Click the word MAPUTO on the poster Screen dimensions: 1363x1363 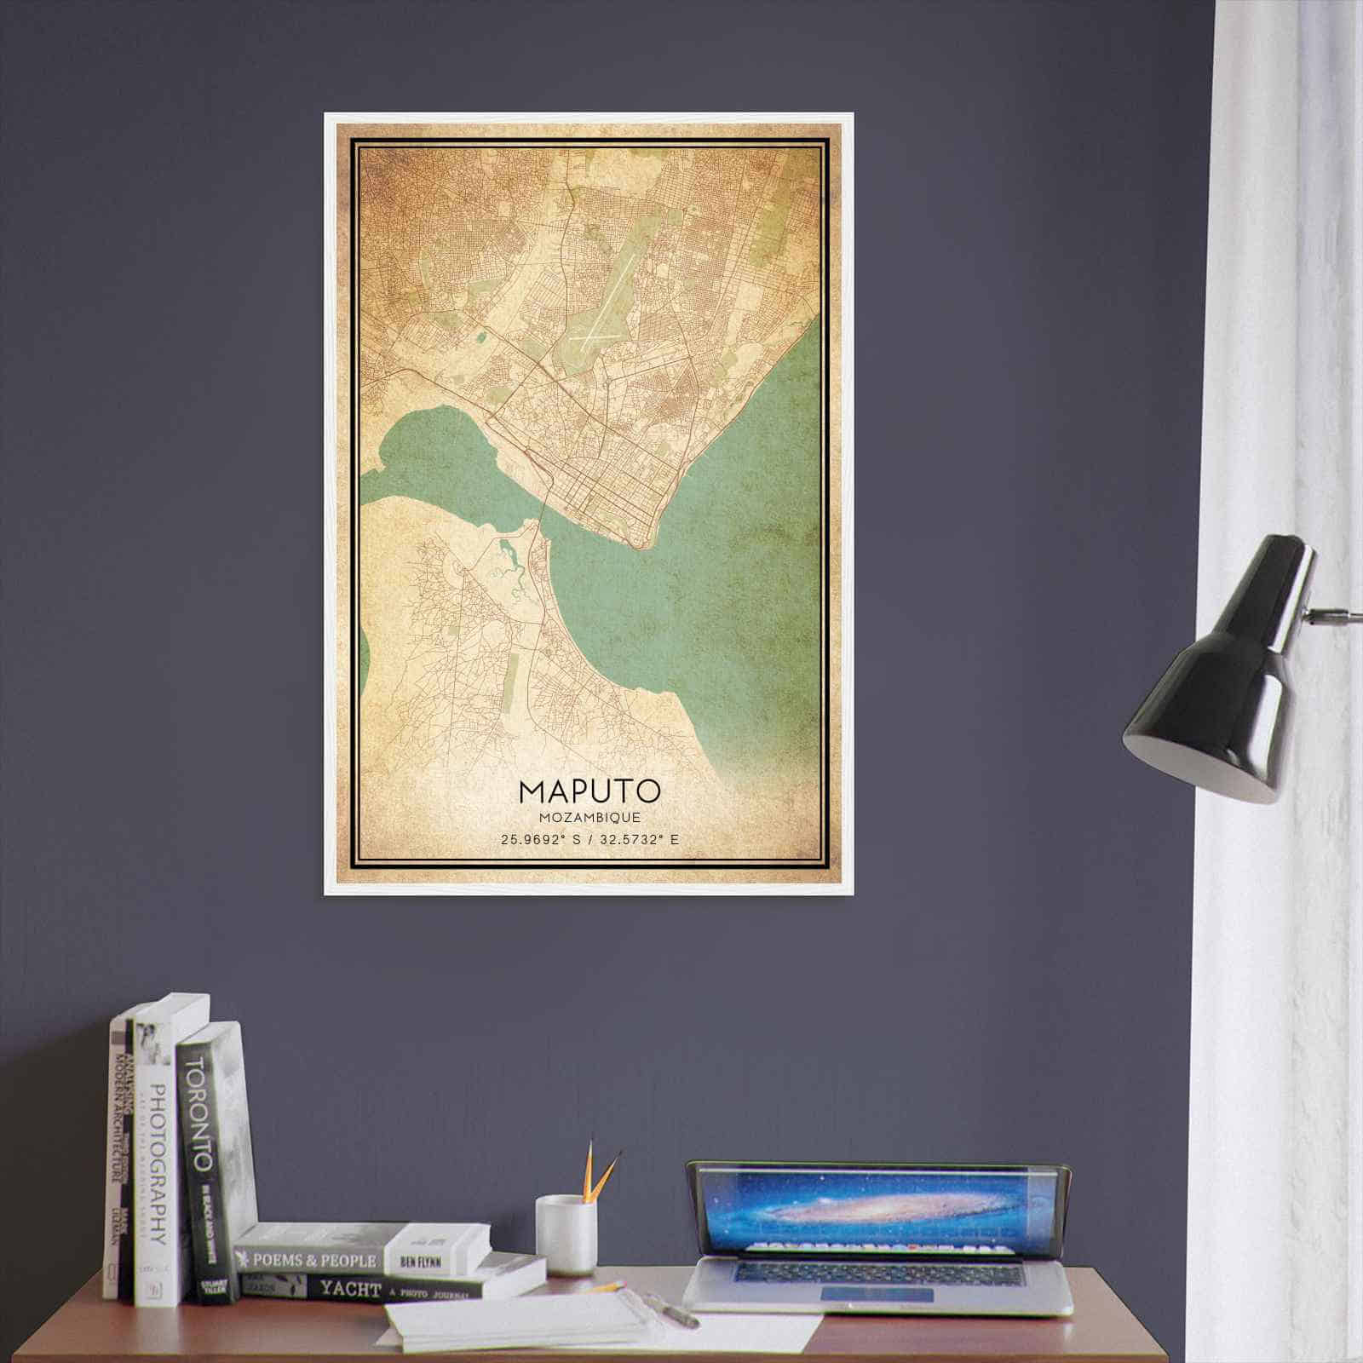click(589, 791)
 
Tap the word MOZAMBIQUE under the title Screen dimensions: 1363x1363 click(589, 817)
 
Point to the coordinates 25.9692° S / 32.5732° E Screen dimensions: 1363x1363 click(589, 840)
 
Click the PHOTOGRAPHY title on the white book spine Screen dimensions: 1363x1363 click(156, 1167)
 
